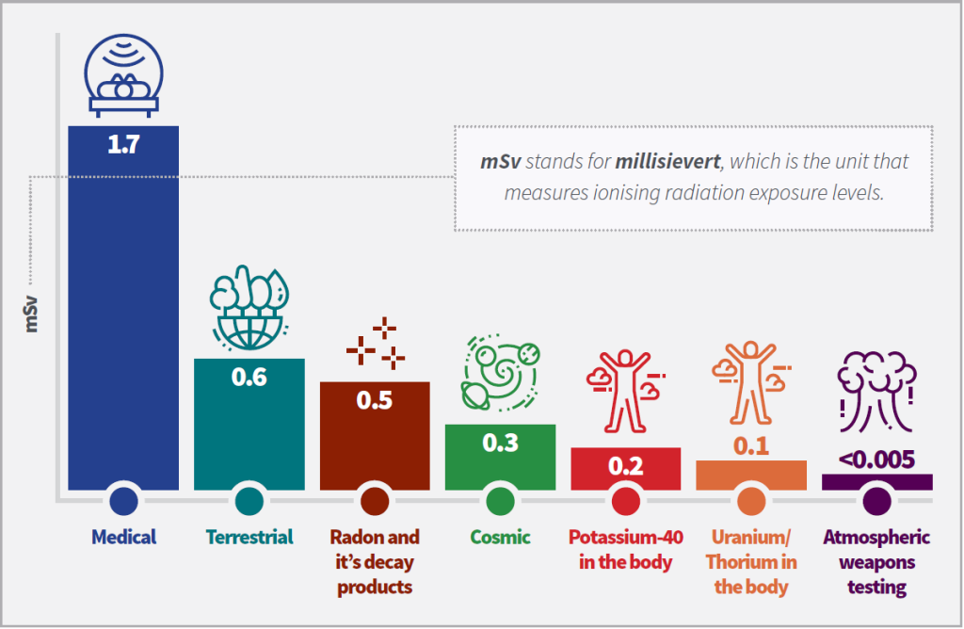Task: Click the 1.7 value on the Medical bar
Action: (x=123, y=144)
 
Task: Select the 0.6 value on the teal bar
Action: (x=249, y=377)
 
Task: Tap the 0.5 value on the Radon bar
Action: (x=375, y=400)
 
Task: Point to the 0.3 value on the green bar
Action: (x=501, y=443)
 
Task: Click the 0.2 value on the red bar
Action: (x=626, y=466)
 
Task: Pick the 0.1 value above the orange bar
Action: (x=751, y=445)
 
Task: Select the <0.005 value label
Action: (x=876, y=460)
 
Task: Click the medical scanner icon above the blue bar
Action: (x=123, y=75)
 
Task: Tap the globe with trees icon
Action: (x=249, y=307)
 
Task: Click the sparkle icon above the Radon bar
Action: (x=376, y=343)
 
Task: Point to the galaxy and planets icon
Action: (x=501, y=373)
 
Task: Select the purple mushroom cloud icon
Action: (x=876, y=392)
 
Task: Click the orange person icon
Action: (x=751, y=382)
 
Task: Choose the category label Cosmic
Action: (x=501, y=538)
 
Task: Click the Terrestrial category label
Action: (x=249, y=538)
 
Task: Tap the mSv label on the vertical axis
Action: (x=31, y=314)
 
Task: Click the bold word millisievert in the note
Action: (x=667, y=161)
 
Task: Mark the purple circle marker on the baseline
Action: (x=876, y=501)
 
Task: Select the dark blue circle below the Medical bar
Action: (x=123, y=501)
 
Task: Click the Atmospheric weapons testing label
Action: (x=876, y=562)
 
